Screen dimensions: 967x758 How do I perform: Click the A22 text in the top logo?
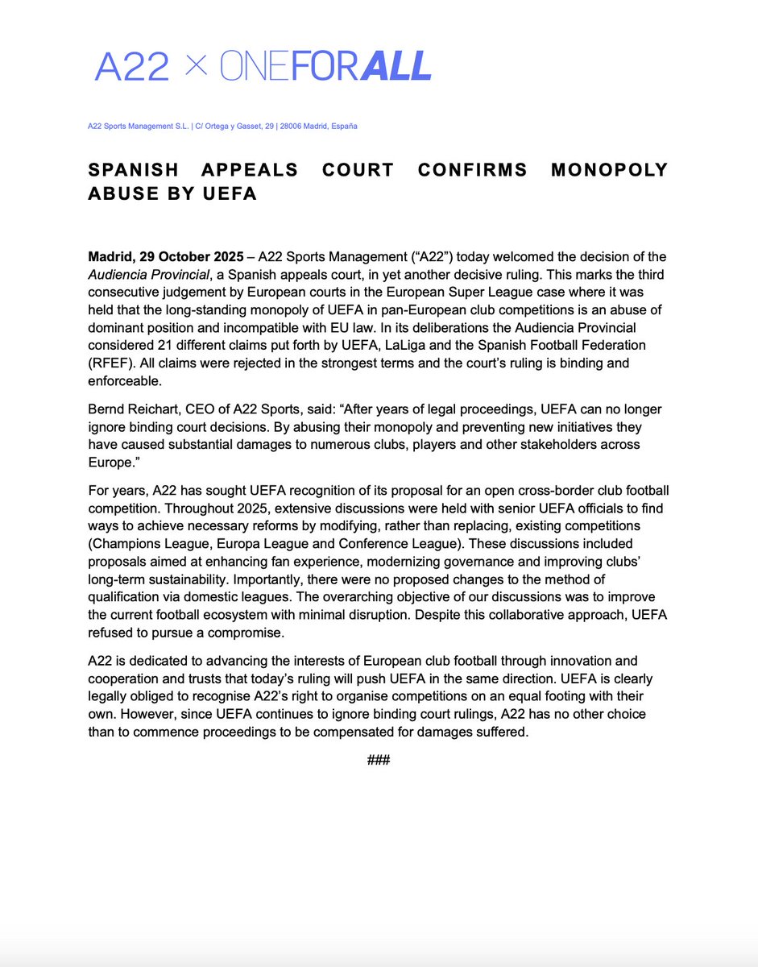click(x=132, y=65)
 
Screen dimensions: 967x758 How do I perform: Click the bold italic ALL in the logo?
click(x=396, y=65)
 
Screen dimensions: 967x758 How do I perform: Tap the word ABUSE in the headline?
click(x=128, y=194)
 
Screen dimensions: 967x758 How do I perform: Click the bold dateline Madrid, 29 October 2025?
click(x=165, y=257)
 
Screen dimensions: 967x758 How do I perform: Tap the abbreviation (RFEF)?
click(x=109, y=363)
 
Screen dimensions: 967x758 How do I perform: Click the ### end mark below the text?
click(x=379, y=760)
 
